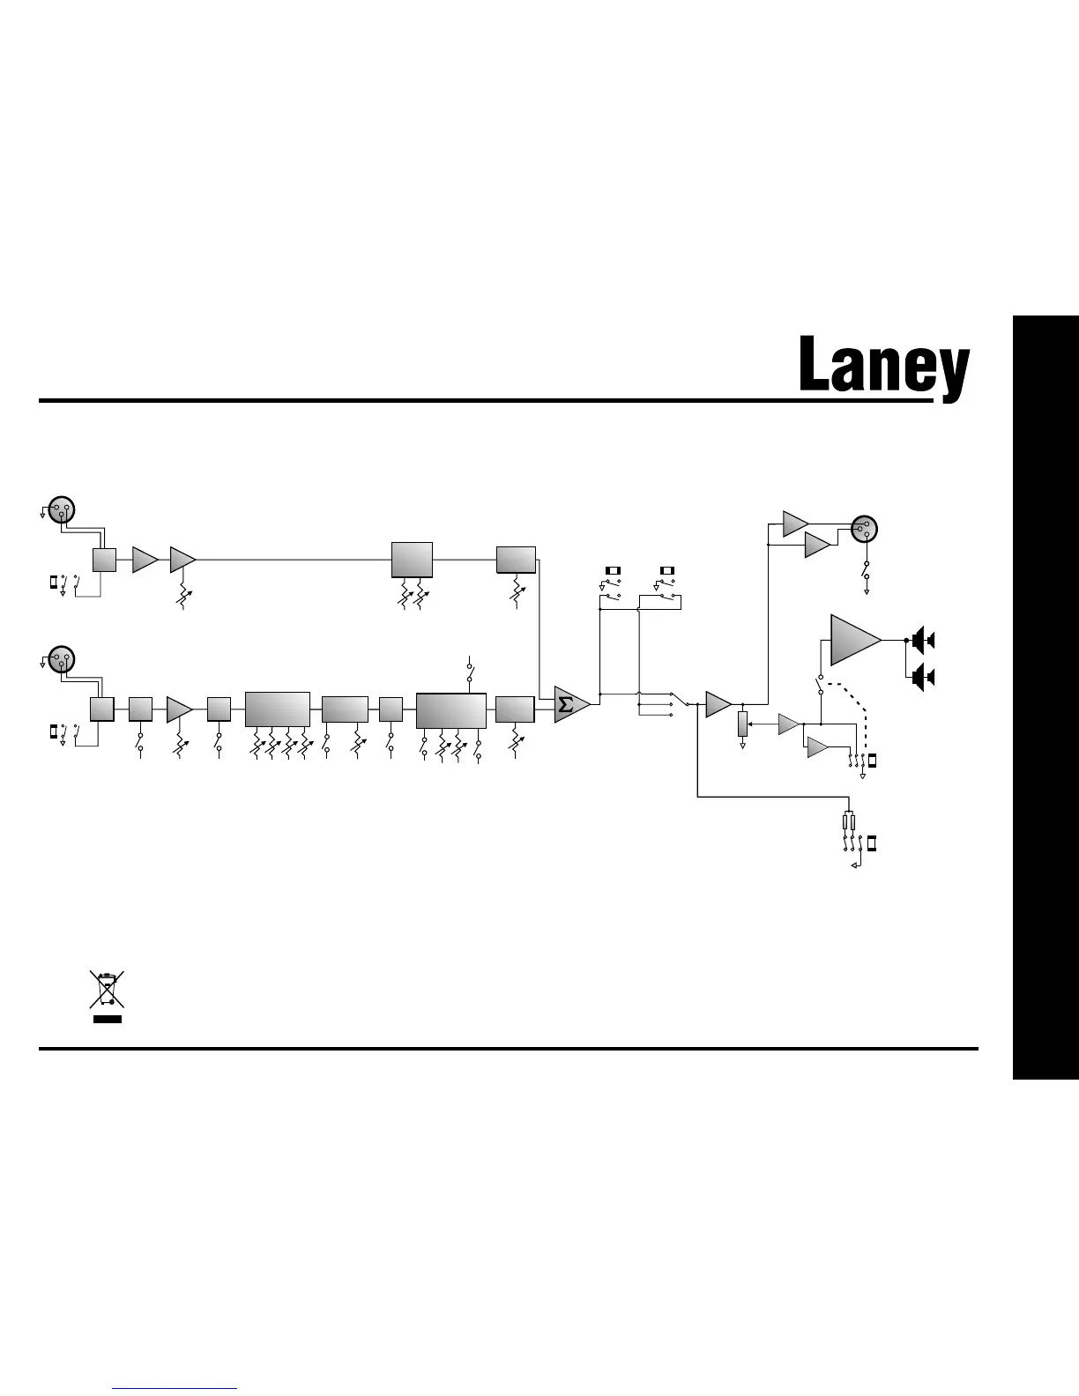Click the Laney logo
884,366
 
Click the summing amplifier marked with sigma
569,704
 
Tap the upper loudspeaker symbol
923,640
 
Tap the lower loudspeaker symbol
923,678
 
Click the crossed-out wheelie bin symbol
107,990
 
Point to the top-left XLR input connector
61,509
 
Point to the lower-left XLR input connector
61,658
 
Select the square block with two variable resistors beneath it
412,560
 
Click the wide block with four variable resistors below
278,709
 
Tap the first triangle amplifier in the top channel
145,560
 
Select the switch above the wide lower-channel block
470,670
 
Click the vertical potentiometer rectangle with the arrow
742,724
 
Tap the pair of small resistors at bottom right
849,823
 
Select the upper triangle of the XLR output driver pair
795,523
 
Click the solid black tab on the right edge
1046,696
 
